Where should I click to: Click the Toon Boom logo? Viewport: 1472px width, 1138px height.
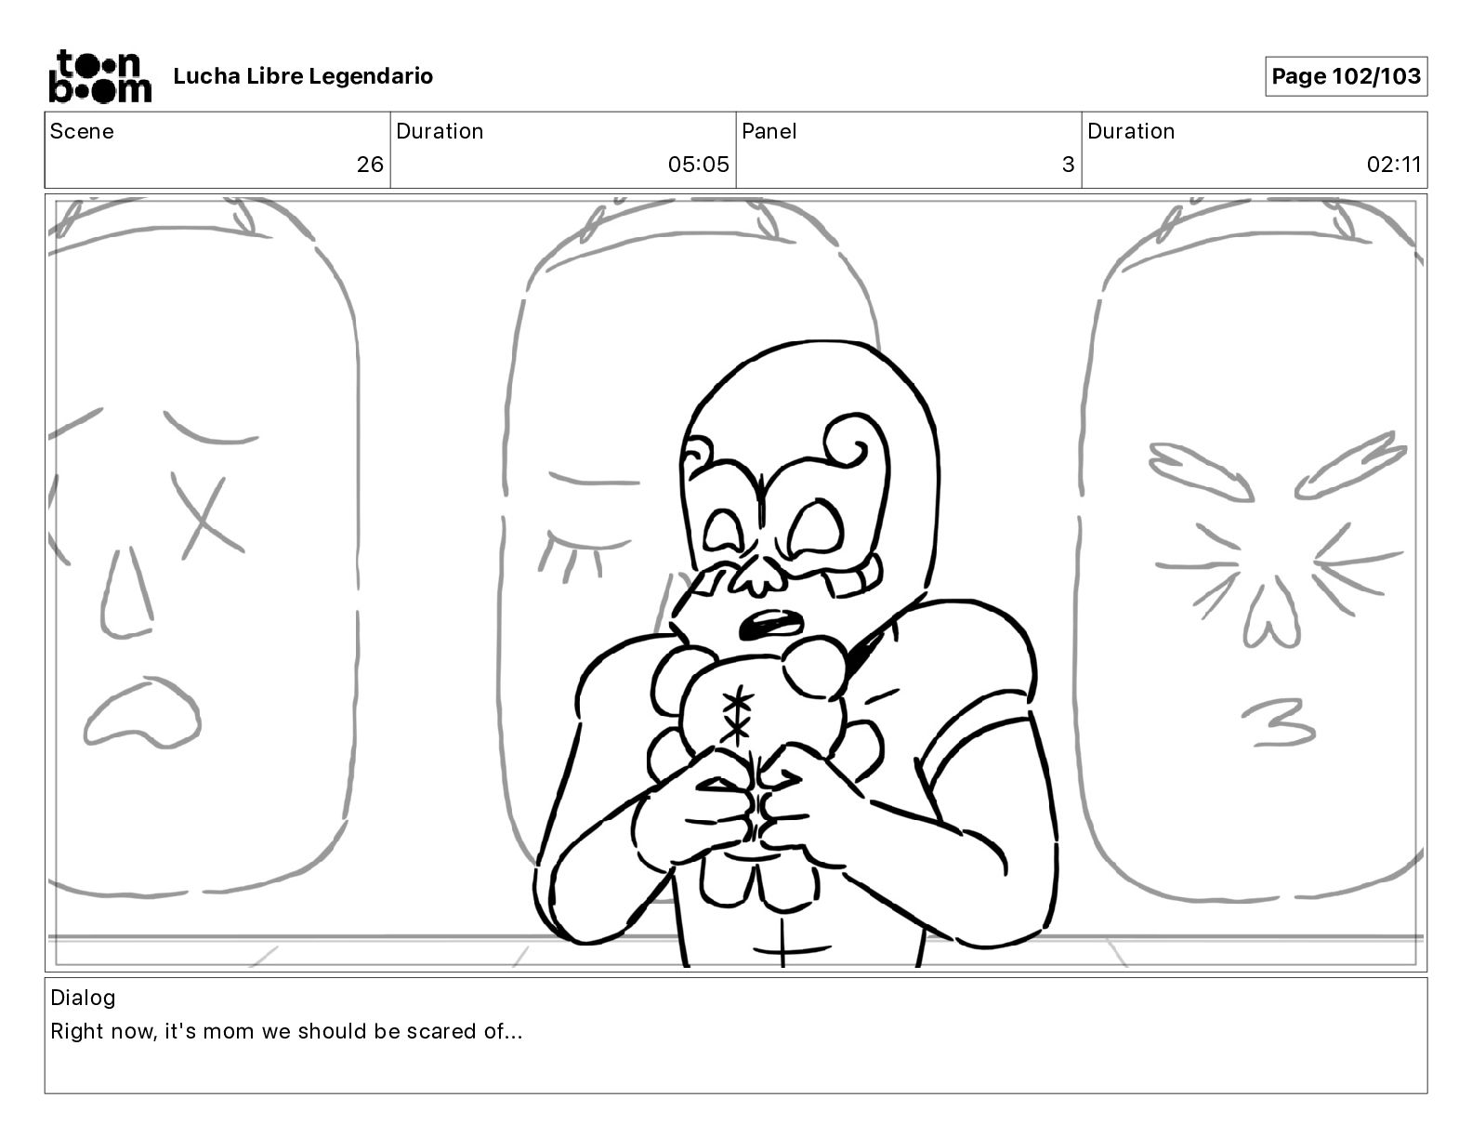(100, 76)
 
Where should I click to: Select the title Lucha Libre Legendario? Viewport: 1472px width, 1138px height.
(303, 76)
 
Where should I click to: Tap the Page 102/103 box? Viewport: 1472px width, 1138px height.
(1346, 76)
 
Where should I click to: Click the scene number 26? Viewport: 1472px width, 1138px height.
(370, 164)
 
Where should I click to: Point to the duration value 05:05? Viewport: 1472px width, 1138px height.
(699, 164)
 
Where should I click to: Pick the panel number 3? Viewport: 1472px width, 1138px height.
(1069, 164)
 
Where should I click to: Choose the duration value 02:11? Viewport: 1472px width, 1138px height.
(1393, 164)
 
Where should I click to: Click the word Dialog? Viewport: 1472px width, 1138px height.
(83, 998)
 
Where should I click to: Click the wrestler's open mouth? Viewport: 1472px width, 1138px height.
(771, 624)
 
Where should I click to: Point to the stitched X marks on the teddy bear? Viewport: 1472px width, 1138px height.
(736, 717)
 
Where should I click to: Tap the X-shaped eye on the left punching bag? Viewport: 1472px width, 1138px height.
(206, 514)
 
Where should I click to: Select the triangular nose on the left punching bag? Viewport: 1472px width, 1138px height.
(126, 594)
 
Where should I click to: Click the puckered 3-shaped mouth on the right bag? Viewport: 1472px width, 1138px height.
(1280, 722)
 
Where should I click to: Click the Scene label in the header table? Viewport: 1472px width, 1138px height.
(82, 131)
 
